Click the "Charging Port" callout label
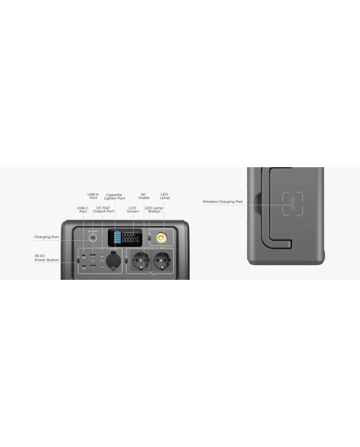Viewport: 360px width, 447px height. coord(46,237)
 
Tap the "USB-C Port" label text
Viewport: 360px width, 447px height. coord(83,210)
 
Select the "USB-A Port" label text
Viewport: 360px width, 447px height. coord(93,196)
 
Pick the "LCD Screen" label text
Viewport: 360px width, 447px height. coord(133,210)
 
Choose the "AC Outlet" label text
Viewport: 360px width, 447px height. coord(143,196)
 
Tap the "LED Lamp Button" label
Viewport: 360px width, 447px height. coord(154,210)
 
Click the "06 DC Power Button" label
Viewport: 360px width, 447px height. coord(46,258)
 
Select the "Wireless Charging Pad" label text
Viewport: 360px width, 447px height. coord(222,202)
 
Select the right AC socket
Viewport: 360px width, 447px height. coord(160,260)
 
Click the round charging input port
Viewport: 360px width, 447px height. coord(93,238)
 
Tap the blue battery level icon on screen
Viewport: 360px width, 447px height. coord(117,237)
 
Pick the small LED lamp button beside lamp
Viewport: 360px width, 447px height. coord(150,237)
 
